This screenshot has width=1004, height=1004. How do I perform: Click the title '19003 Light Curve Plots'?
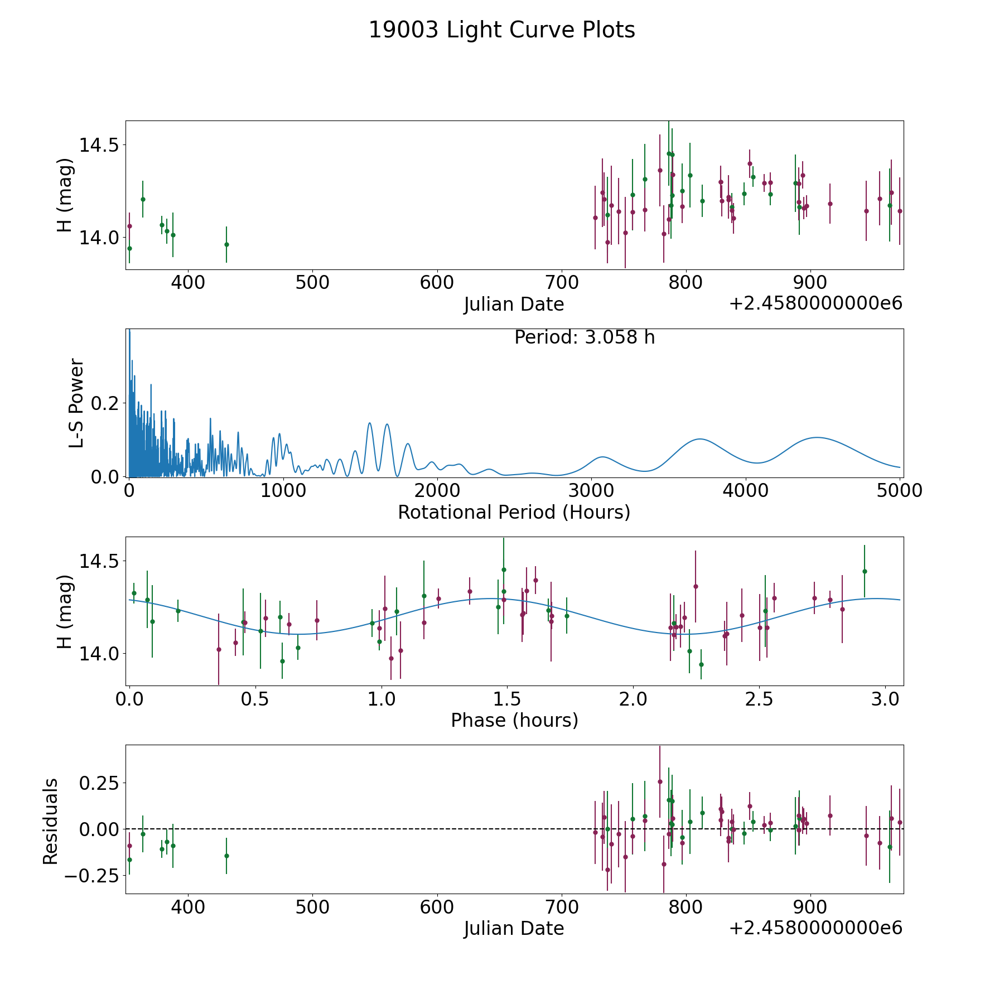(x=501, y=30)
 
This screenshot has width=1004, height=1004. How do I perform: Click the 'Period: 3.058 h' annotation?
(x=584, y=337)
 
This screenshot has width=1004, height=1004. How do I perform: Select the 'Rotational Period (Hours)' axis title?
(x=514, y=512)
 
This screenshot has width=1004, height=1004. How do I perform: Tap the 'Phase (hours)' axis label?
(x=514, y=720)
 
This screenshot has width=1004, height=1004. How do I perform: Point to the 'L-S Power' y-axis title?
(x=76, y=403)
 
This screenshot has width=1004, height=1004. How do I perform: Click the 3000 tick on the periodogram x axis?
(x=591, y=491)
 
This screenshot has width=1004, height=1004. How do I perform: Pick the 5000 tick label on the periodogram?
(x=900, y=491)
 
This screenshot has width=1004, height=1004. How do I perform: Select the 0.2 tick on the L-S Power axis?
(x=105, y=403)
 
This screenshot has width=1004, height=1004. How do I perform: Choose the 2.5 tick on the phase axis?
(x=759, y=699)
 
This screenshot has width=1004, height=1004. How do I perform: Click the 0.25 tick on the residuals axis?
(x=99, y=783)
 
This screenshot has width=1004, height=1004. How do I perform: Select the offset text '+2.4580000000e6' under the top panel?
(x=815, y=303)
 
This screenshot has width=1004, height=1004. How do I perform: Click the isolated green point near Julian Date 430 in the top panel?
(x=226, y=244)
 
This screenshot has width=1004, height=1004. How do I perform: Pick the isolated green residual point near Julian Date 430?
(x=226, y=856)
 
